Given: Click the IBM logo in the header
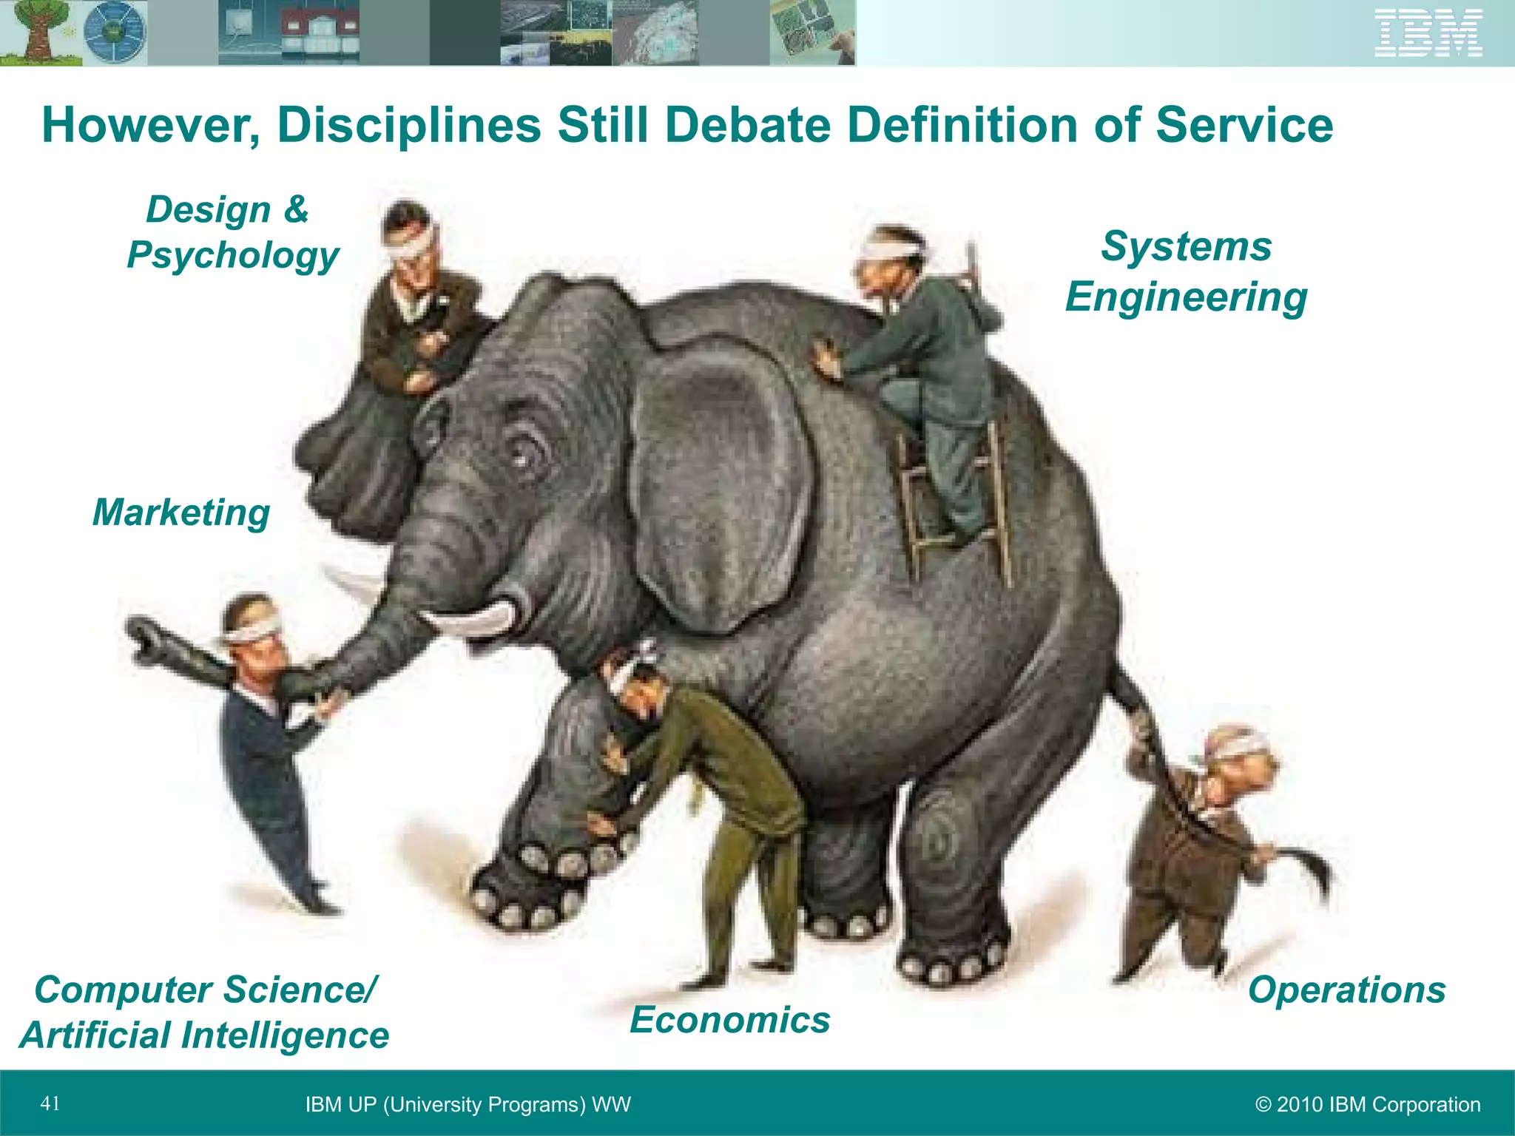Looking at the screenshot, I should point(1428,33).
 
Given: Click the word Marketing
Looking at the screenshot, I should point(181,513).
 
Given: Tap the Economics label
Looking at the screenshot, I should point(730,1020).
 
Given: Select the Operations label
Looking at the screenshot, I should point(1346,990).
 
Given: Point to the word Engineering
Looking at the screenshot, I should point(1186,297).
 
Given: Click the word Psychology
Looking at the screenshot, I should point(233,255).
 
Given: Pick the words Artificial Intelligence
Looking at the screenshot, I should point(205,1035).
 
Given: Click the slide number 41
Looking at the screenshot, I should point(50,1103).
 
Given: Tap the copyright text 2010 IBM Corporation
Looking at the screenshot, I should point(1368,1104).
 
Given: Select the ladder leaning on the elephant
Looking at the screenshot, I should point(954,503).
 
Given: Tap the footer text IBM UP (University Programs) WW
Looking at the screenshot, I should point(468,1104).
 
